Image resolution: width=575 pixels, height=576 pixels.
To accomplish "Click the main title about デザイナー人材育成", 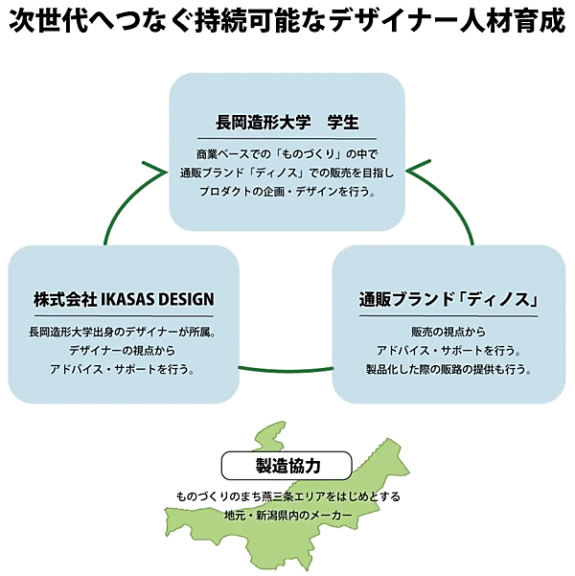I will coord(287,22).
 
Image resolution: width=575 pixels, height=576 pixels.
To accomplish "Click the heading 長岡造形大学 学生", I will coord(287,124).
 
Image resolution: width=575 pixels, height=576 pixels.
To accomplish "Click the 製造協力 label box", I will coord(287,466).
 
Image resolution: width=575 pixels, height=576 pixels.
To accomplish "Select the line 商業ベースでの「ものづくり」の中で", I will coord(287,154).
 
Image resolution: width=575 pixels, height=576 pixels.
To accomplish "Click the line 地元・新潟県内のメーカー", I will coord(287,516).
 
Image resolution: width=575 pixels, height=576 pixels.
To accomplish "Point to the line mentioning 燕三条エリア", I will coord(287,497).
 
